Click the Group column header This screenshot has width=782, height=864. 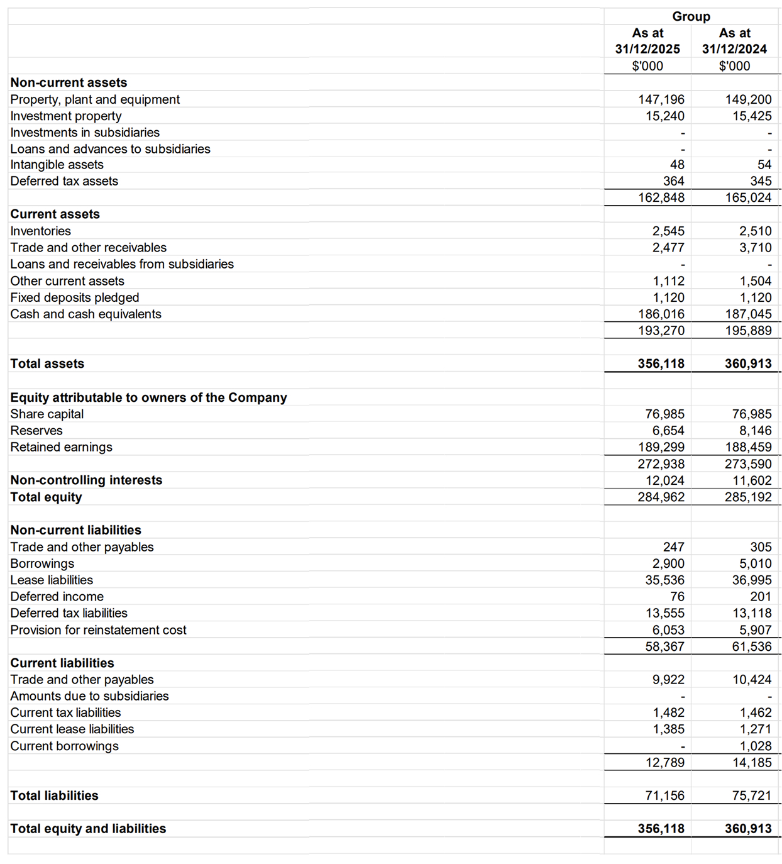[x=691, y=16]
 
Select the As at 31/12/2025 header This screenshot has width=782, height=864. [x=647, y=41]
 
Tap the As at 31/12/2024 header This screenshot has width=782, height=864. [x=734, y=41]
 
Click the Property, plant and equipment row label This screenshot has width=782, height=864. [x=95, y=99]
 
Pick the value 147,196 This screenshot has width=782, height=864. [x=661, y=99]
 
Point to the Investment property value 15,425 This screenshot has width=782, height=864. [x=752, y=116]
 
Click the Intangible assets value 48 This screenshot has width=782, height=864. [x=677, y=165]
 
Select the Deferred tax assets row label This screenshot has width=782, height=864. [x=64, y=181]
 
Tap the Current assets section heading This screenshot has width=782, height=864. [x=55, y=214]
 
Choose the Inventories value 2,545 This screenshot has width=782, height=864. [x=668, y=231]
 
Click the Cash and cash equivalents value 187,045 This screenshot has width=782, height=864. [x=748, y=314]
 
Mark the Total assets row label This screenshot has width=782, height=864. [x=47, y=363]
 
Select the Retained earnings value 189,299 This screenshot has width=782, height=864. [x=661, y=447]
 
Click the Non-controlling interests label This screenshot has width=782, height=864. [x=86, y=480]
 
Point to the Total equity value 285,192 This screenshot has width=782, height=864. [x=748, y=497]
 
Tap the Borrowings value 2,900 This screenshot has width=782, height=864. [x=668, y=563]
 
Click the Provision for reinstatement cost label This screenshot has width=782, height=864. [x=98, y=630]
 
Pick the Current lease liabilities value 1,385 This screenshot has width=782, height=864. [x=668, y=729]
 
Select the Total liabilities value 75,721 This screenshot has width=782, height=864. [x=752, y=795]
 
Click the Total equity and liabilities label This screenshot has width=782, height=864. [x=88, y=828]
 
